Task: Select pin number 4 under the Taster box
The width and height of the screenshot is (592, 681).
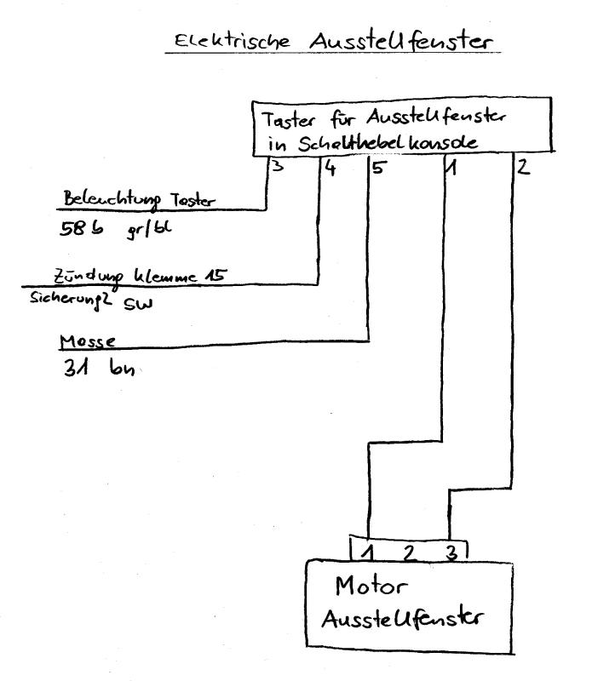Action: point(330,168)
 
